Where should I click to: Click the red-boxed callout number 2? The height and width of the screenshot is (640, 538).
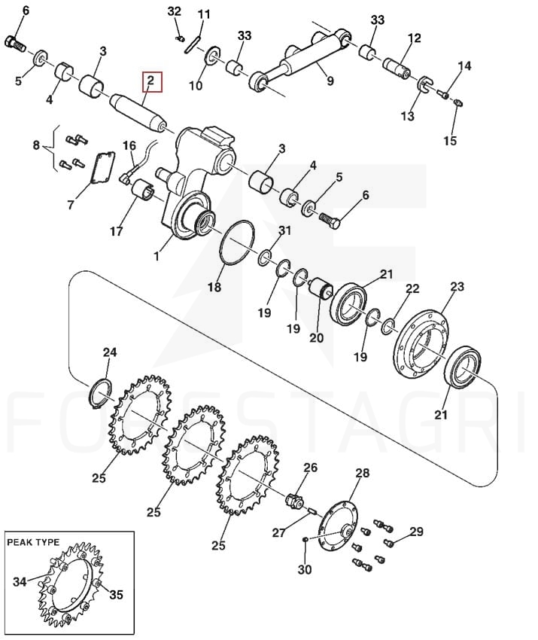pyautogui.click(x=150, y=80)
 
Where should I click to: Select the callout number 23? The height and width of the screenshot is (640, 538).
pyautogui.click(x=457, y=287)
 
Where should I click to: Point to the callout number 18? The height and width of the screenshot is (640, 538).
pyautogui.click(x=215, y=287)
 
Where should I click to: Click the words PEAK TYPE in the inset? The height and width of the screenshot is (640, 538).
pyautogui.click(x=43, y=542)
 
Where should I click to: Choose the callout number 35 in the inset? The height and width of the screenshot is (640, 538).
pyautogui.click(x=116, y=595)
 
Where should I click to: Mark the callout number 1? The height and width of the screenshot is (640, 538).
pyautogui.click(x=157, y=256)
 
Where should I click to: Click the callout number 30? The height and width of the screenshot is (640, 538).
pyautogui.click(x=304, y=570)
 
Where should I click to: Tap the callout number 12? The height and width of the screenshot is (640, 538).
pyautogui.click(x=415, y=38)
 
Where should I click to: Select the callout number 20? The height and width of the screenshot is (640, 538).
pyautogui.click(x=316, y=338)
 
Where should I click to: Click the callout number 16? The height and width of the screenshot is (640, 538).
pyautogui.click(x=129, y=145)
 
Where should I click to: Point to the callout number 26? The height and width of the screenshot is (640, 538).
pyautogui.click(x=310, y=468)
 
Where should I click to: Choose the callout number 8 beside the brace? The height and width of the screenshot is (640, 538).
pyautogui.click(x=35, y=143)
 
